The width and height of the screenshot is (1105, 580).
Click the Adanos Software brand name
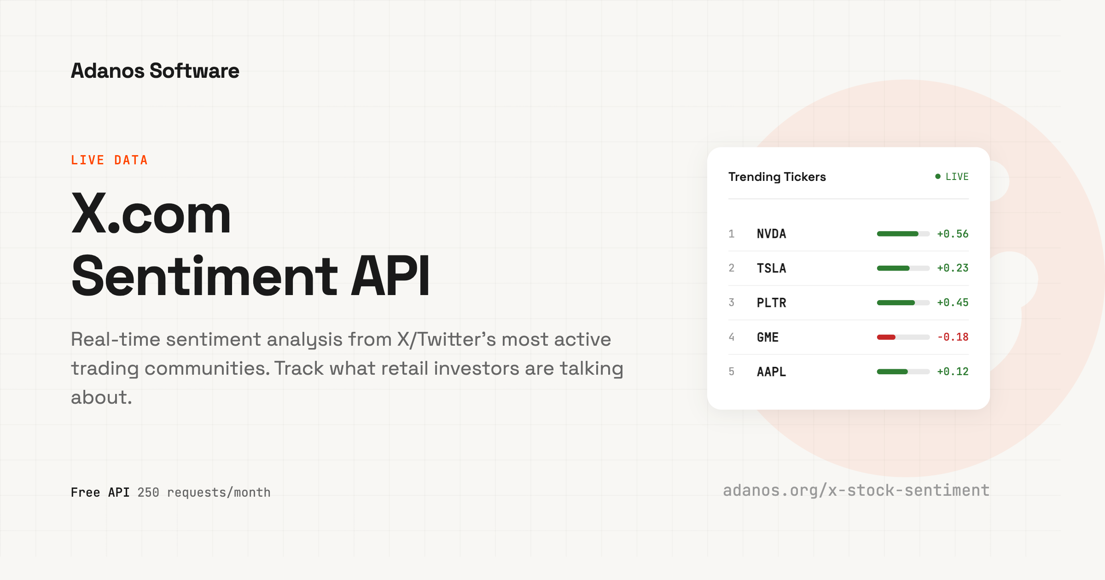(155, 71)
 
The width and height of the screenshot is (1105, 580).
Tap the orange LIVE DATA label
(109, 160)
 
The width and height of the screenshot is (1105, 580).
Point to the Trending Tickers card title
(777, 177)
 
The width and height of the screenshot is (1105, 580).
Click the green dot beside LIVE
(938, 176)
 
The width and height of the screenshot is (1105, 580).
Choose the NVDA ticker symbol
(771, 234)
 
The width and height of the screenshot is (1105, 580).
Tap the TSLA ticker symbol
(771, 268)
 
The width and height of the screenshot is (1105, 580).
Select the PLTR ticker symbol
(771, 303)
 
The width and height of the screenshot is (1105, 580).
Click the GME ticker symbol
(768, 337)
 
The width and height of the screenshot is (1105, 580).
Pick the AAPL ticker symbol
(771, 372)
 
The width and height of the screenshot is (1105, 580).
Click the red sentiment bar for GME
(886, 337)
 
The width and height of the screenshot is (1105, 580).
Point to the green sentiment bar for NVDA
(897, 234)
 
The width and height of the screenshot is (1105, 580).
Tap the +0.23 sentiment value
(953, 268)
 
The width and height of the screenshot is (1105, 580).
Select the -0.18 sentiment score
(953, 337)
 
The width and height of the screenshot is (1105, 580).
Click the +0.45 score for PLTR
(953, 303)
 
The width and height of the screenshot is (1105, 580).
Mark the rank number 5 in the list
(731, 372)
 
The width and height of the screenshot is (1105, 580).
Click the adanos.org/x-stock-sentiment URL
(856, 491)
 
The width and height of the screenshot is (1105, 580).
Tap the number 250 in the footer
(148, 493)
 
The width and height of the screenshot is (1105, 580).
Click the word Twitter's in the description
(457, 340)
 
